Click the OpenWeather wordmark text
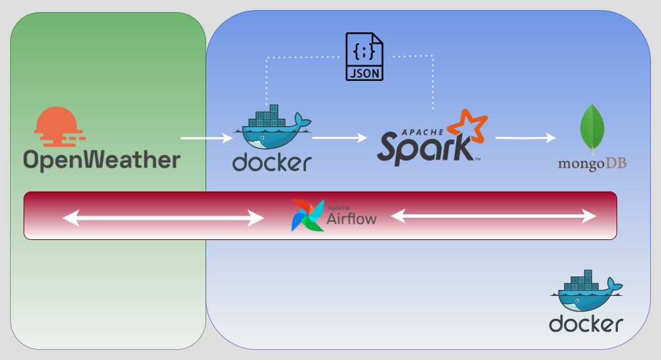[102, 160]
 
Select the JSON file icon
[364, 57]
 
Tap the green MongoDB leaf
[592, 128]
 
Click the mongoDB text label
[592, 164]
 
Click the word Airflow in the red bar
[352, 218]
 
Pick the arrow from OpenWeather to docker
[206, 138]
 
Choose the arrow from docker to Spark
[340, 138]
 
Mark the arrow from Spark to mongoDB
[526, 138]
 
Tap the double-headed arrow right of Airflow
[494, 216]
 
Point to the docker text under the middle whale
[272, 162]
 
